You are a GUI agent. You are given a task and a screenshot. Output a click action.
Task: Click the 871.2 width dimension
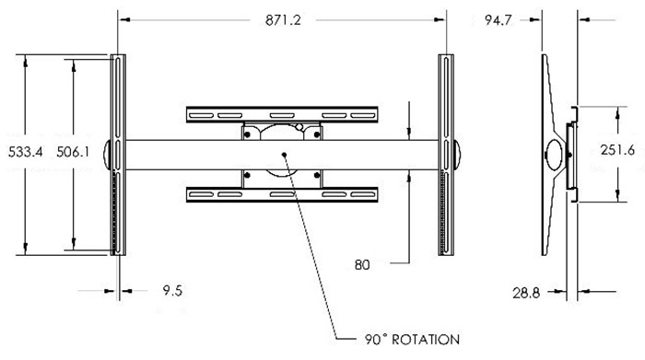point(283,19)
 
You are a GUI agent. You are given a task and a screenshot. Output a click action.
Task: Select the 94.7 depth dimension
point(498,19)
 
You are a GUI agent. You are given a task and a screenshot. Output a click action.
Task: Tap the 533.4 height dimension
point(26,152)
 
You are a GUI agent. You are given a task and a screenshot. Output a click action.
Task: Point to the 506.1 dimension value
point(73,152)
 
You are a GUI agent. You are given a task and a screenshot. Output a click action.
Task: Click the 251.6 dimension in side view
point(617,150)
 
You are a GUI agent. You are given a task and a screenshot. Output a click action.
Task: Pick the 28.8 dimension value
point(526,293)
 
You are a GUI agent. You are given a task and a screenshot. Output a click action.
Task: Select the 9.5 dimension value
point(172,291)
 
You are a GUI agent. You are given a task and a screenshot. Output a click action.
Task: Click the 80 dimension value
point(362,265)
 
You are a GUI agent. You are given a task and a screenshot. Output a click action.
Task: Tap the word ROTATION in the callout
point(426,340)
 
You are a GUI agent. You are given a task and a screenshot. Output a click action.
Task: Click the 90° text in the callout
point(376,340)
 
